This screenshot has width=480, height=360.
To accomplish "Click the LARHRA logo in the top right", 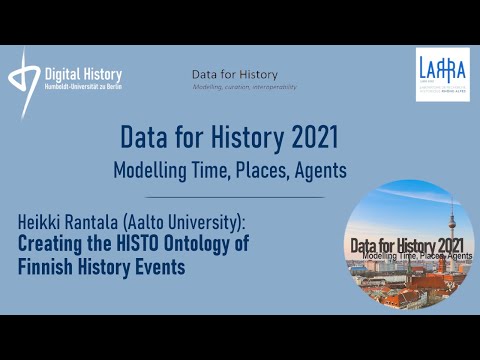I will tap(444, 74).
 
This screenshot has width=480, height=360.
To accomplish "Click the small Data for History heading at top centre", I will tap(235, 75).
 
